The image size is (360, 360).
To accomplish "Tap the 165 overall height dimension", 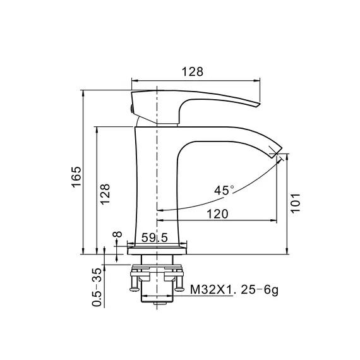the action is (76, 177).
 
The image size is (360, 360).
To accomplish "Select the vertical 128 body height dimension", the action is (105, 194).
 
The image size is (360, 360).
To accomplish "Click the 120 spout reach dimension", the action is (217, 214).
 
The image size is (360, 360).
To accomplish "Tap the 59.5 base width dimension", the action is (155, 237).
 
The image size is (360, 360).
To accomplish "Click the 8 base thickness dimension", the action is (117, 234).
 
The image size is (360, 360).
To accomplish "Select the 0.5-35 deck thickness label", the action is (97, 287).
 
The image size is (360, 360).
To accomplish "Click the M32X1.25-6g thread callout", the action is (234, 290).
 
